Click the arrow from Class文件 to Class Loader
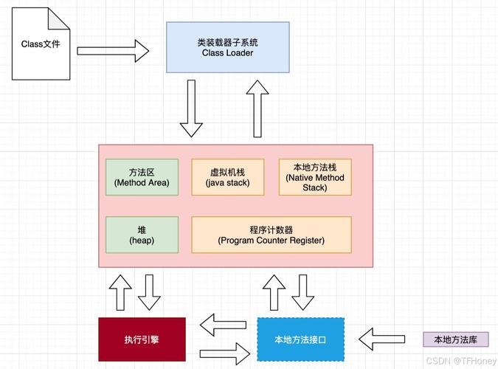pos(113,51)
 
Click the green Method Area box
pos(142,177)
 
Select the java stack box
pos(228,177)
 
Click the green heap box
pos(142,235)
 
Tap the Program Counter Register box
pos(272,235)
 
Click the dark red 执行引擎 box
pos(140,339)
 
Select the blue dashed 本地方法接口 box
pos(300,339)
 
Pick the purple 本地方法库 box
pos(455,339)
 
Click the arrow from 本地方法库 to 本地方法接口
pos(381,339)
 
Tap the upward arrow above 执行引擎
pos(120,292)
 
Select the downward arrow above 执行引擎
pos(151,292)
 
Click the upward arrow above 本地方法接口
pos(273,292)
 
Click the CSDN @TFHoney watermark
pos(461,361)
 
